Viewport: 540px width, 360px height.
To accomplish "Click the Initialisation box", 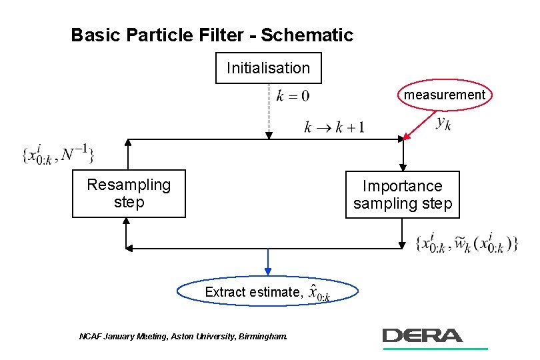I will point(268,68).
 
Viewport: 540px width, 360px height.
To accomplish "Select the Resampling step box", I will point(129,193).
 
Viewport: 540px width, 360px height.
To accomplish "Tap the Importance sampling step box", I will point(402,195).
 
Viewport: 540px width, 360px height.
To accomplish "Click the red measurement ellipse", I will point(445,95).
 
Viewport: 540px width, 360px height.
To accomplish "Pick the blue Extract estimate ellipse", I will point(268,292).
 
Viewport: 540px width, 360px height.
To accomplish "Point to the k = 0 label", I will point(293,96).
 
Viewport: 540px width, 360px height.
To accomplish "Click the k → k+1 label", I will point(334,127).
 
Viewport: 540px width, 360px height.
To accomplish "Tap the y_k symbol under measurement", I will point(443,123).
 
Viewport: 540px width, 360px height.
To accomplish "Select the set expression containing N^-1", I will point(59,154).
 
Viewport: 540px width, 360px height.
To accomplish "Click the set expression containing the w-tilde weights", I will point(466,243).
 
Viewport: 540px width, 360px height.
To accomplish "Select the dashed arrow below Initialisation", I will point(268,111).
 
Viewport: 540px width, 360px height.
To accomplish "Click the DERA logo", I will point(423,335).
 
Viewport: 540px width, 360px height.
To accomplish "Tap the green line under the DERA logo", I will point(435,348).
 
